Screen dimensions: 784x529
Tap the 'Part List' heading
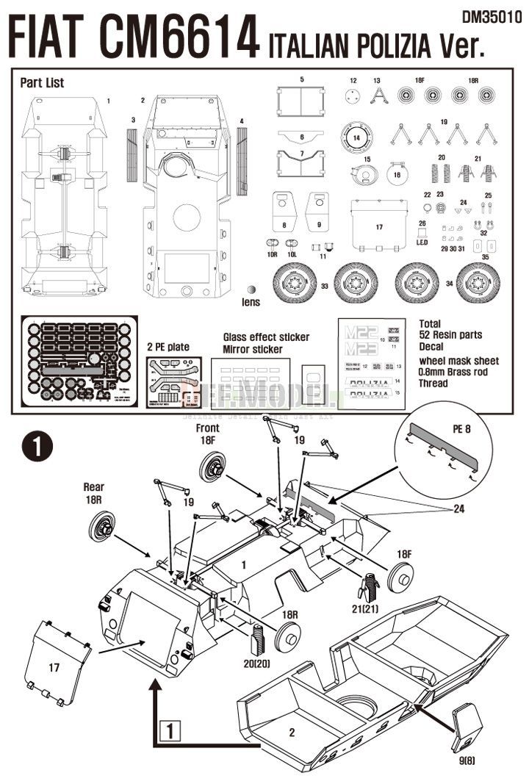42,83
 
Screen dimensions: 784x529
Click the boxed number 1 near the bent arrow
170,731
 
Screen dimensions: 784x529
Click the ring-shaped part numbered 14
357,137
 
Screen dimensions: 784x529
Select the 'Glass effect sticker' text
266,337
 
